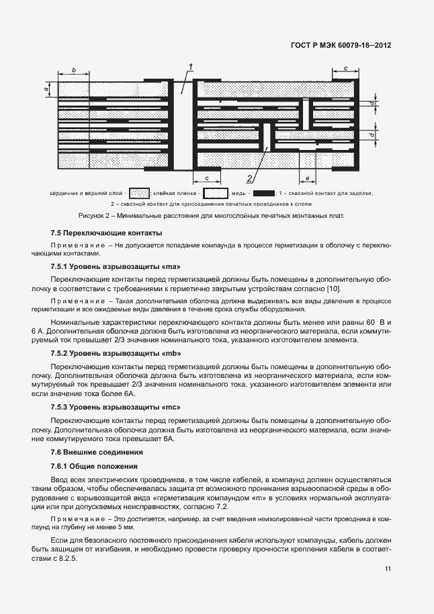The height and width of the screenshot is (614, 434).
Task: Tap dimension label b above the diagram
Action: pyautogui.click(x=73, y=69)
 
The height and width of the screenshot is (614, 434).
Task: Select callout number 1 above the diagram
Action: pyautogui.click(x=191, y=66)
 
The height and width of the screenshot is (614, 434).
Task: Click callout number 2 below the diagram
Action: pyautogui.click(x=249, y=178)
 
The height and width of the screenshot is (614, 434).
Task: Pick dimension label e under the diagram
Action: pyautogui.click(x=307, y=178)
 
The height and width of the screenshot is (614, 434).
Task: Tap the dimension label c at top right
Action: pyautogui.click(x=345, y=68)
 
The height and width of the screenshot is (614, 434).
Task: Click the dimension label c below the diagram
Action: pyautogui.click(x=208, y=178)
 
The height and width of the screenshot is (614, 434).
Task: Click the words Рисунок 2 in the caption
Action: pyautogui.click(x=96, y=216)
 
